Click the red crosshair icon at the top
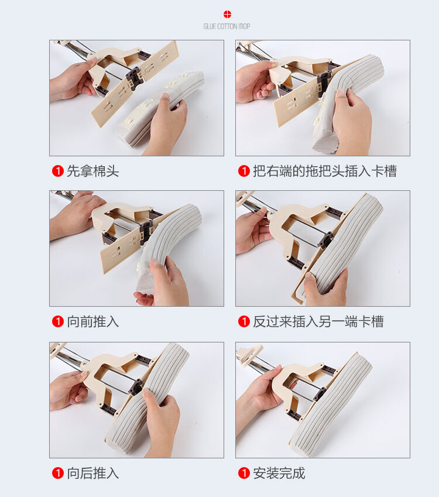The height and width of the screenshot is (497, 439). tap(227, 14)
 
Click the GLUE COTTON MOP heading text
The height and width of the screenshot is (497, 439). tap(227, 26)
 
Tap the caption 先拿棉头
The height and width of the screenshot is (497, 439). tap(93, 171)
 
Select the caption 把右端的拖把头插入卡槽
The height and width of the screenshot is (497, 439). tap(325, 171)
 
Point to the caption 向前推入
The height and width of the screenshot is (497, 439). tap(93, 322)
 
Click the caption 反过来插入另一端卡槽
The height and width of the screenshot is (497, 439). tap(318, 322)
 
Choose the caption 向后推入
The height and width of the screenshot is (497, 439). tap(93, 473)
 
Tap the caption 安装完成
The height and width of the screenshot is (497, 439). tap(279, 473)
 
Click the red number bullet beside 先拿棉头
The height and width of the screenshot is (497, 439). tap(58, 171)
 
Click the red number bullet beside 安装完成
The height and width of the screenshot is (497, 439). tap(244, 473)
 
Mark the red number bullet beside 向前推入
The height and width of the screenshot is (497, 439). tap(58, 322)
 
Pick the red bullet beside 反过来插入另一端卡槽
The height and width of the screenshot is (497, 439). tap(244, 322)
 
